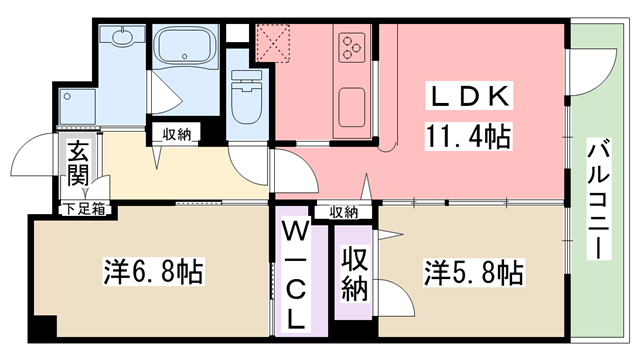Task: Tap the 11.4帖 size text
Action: tap(472, 135)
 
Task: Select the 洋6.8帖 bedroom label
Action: tap(154, 271)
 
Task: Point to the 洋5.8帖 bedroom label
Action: tap(473, 271)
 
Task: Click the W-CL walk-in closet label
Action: tap(297, 276)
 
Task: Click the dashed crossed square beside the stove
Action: tap(272, 45)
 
